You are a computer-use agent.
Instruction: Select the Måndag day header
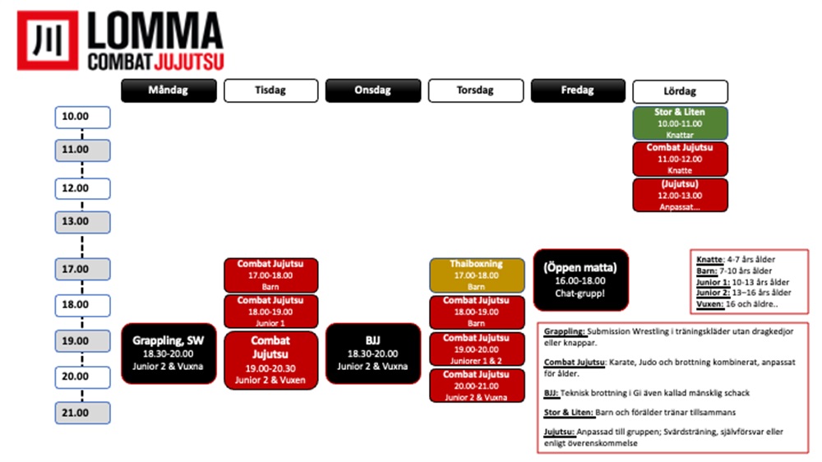pos(169,90)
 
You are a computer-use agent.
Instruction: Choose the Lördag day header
pos(680,91)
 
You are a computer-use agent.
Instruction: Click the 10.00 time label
pos(82,117)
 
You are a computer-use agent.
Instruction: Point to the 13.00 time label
pos(82,221)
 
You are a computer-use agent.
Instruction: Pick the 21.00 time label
pos(82,413)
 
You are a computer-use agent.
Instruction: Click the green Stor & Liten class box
pos(680,122)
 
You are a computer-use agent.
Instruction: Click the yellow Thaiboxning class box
pos(477,275)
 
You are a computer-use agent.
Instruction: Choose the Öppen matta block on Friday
pos(580,280)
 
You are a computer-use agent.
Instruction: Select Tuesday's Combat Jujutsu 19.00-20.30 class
pos(271,360)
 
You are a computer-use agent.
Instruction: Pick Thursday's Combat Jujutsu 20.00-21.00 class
pos(477,386)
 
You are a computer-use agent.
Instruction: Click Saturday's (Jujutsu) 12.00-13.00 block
pos(680,195)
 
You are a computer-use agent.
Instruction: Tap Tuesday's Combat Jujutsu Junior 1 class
pos(271,312)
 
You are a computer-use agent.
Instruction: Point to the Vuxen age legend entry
pos(709,303)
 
